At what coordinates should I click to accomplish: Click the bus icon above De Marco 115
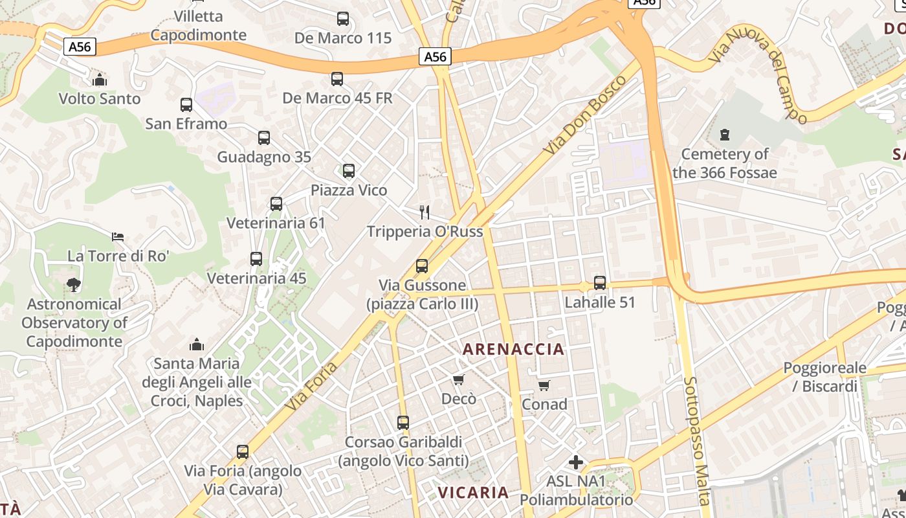(x=343, y=19)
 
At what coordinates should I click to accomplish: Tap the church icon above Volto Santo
(x=100, y=80)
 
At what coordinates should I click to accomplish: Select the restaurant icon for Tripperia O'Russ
(x=425, y=212)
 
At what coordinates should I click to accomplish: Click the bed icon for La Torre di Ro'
(x=118, y=237)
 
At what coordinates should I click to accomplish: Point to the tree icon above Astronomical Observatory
(x=74, y=284)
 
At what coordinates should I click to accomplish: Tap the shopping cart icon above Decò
(x=459, y=379)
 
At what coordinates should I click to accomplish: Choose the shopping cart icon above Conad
(x=544, y=385)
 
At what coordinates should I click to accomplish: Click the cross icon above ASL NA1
(x=575, y=462)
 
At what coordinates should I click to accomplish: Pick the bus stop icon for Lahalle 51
(x=600, y=283)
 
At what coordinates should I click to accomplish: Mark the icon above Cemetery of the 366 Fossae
(x=724, y=135)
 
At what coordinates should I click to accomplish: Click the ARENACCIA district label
(x=513, y=350)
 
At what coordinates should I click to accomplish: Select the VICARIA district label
(x=473, y=493)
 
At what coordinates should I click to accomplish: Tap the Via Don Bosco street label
(x=585, y=115)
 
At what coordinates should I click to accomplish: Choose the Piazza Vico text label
(x=349, y=190)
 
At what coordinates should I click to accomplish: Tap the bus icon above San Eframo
(x=186, y=104)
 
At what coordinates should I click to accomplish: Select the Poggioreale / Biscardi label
(x=824, y=377)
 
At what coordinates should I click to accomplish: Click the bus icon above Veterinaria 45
(x=256, y=259)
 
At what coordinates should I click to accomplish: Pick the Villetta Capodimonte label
(x=199, y=25)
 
